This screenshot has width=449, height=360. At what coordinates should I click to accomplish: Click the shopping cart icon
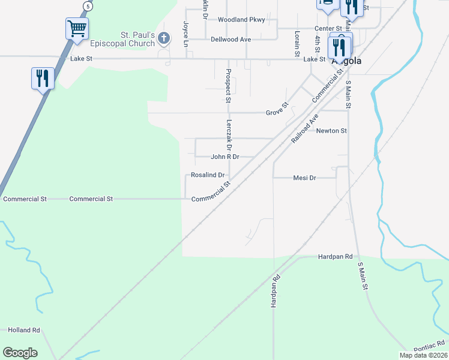pyautogui.click(x=77, y=28)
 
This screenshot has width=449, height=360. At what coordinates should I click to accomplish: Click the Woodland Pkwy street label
pyautogui.click(x=241, y=20)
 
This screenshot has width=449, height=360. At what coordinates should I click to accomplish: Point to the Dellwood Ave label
pyautogui.click(x=231, y=40)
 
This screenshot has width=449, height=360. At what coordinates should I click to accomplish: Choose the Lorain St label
pyautogui.click(x=297, y=44)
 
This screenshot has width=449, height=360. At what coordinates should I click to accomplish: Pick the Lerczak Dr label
pyautogui.click(x=229, y=134)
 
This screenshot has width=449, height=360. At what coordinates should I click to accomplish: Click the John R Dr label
pyautogui.click(x=225, y=157)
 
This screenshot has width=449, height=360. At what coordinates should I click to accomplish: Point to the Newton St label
pyautogui.click(x=331, y=131)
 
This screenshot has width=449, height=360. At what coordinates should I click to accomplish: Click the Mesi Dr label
pyautogui.click(x=304, y=178)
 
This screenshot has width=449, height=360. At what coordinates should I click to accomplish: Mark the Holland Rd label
pyautogui.click(x=24, y=330)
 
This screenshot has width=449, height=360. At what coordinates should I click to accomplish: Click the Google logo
pyautogui.click(x=20, y=353)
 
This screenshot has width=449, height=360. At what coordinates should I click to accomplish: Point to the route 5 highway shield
pyautogui.click(x=88, y=6)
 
